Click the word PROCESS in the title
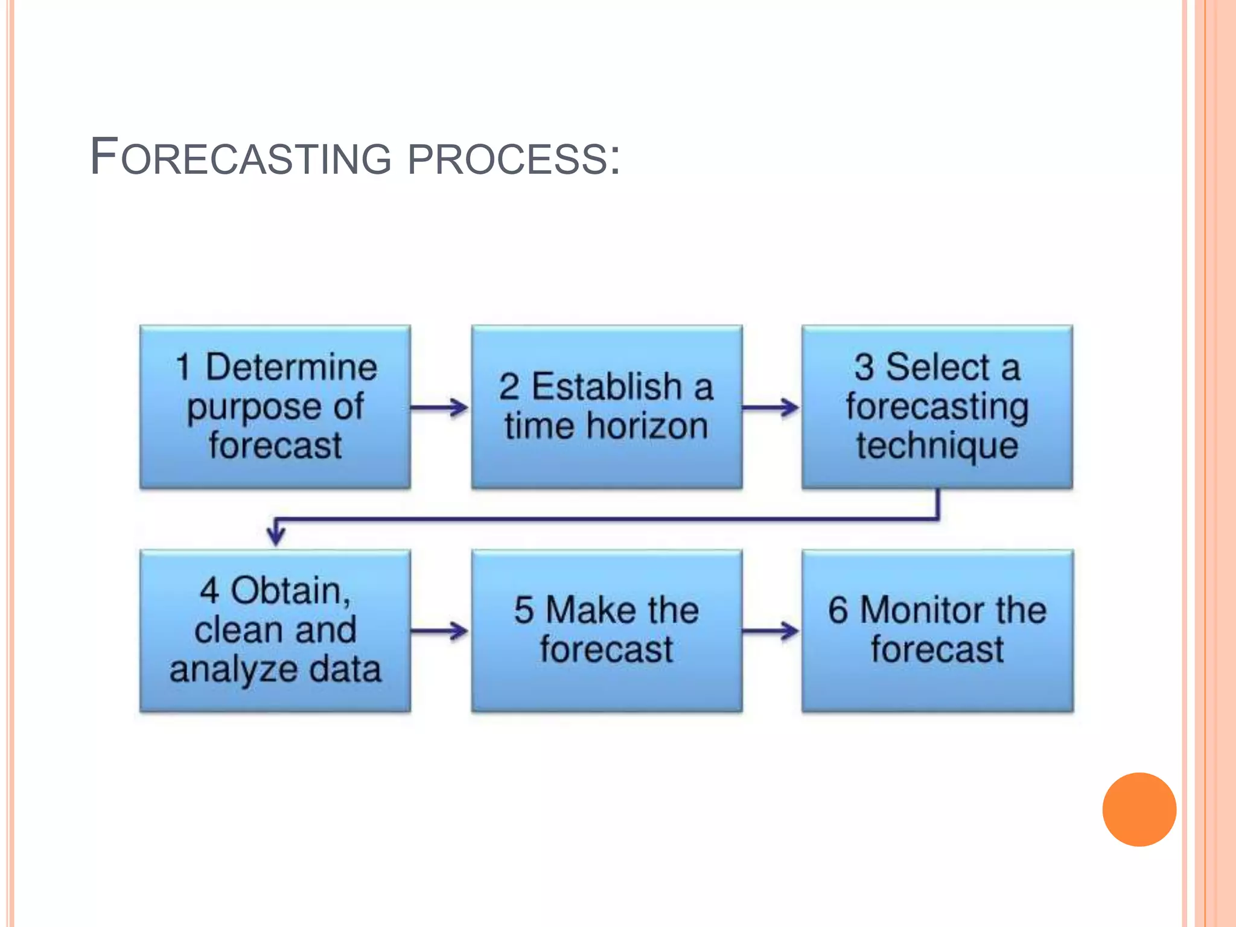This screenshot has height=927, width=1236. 507,159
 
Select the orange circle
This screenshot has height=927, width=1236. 1139,809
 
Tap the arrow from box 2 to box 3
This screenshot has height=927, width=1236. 771,407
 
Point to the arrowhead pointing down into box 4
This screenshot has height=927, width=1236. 276,534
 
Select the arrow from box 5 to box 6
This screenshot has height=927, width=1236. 771,631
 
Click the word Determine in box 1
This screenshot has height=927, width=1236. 291,367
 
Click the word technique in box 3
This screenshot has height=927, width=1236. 937,447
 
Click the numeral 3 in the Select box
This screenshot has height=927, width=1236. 864,367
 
